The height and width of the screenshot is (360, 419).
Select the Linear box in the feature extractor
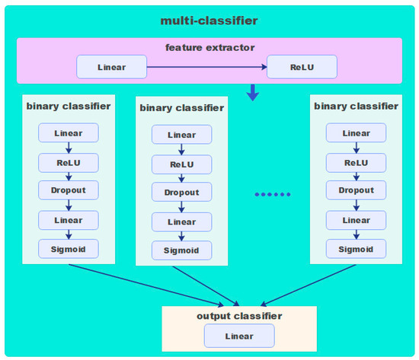tap(111, 66)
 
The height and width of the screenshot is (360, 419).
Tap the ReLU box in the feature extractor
tap(301, 66)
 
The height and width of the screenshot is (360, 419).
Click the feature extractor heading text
tap(209, 47)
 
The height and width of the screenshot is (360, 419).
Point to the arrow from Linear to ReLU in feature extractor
tap(206, 66)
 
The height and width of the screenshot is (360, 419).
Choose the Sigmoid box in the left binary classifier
tap(69, 249)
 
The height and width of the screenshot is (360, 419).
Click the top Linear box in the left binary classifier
tap(69, 133)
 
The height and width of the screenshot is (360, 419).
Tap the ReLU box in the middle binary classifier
tap(181, 164)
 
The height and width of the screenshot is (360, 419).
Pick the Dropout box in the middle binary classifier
tap(181, 193)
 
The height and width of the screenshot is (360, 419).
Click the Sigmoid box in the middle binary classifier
tap(181, 250)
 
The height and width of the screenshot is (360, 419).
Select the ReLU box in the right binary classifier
tap(356, 162)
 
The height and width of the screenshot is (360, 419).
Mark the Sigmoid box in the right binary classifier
tap(356, 249)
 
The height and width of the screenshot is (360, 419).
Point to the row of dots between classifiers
tap(272, 195)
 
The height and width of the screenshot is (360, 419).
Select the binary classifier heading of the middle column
tap(181, 108)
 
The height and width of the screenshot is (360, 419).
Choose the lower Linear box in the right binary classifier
tap(356, 220)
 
